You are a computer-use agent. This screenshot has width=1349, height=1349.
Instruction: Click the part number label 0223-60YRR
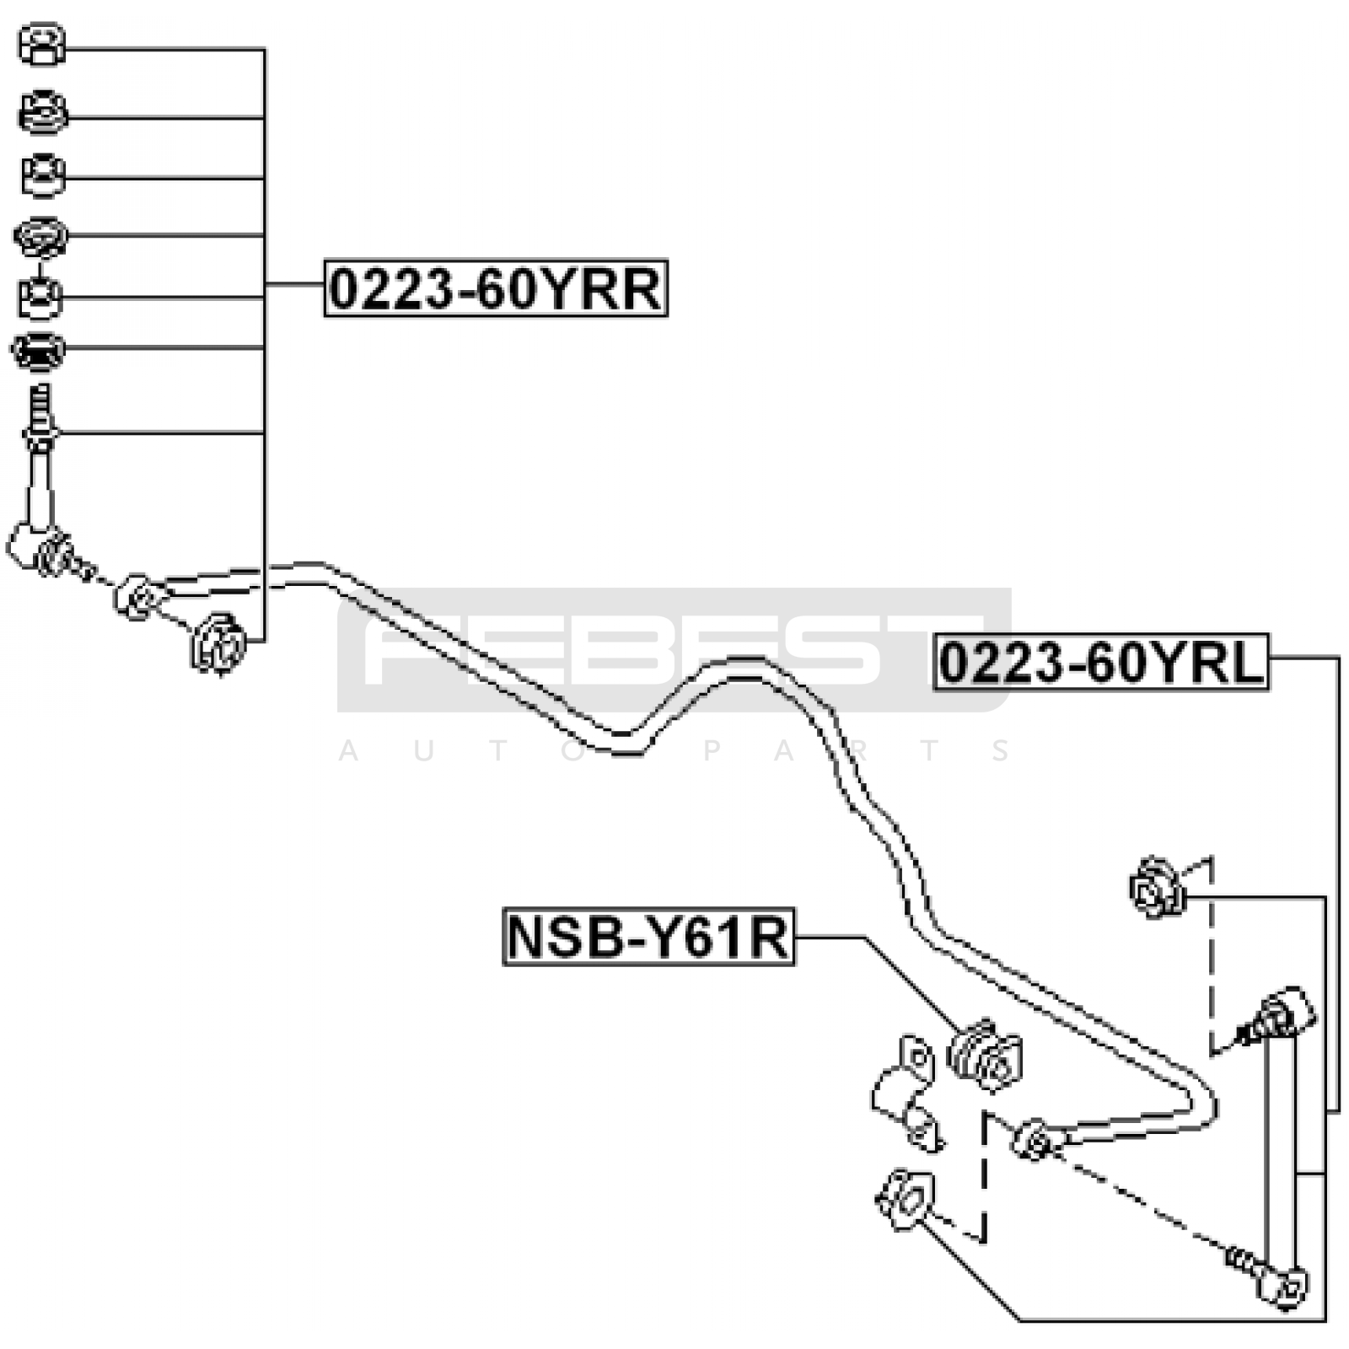coord(496,288)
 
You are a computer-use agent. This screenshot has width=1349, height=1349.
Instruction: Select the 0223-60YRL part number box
coord(1101,662)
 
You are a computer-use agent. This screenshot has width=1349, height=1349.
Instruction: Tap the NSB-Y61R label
coord(648,937)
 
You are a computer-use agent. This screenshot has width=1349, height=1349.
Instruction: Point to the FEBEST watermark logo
coord(674,650)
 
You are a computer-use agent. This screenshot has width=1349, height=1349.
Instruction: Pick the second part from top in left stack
coord(43,112)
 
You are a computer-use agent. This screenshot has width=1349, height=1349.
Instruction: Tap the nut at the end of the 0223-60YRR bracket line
coord(218,644)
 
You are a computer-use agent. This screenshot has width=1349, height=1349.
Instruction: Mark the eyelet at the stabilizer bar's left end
coord(137,597)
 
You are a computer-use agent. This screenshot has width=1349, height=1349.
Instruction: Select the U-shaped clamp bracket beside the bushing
coord(906,1094)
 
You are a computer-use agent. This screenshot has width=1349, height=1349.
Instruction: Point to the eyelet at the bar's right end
coord(1035,1141)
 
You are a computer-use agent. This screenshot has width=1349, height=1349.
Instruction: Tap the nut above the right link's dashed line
coord(1157,887)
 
